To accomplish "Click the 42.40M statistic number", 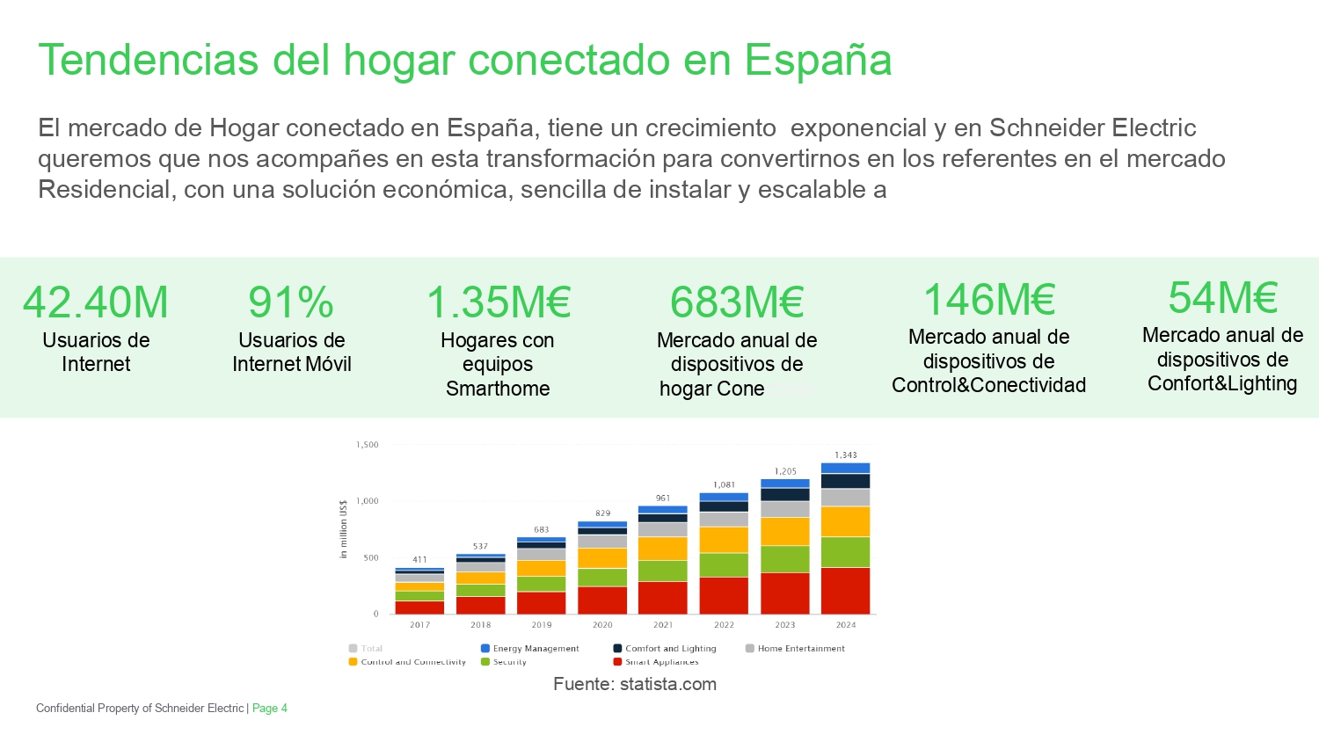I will click(96, 302).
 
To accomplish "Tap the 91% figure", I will click(291, 302).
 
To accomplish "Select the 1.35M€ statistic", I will click(499, 302).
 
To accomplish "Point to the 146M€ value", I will click(989, 299).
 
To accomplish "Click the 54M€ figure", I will click(1222, 297).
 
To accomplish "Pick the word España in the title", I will click(818, 60).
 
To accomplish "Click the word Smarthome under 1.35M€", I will click(498, 389).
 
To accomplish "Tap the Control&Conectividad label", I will click(988, 385).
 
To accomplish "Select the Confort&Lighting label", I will click(1222, 383).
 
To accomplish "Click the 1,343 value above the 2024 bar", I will click(846, 455).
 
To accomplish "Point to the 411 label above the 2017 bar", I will click(420, 560).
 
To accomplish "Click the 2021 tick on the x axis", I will click(663, 625).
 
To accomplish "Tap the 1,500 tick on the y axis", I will click(368, 445).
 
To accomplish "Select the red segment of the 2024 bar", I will click(846, 591).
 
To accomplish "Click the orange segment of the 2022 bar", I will click(724, 540).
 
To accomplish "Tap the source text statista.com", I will click(667, 684).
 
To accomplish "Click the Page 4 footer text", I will click(270, 709).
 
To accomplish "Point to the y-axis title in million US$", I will click(344, 529).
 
